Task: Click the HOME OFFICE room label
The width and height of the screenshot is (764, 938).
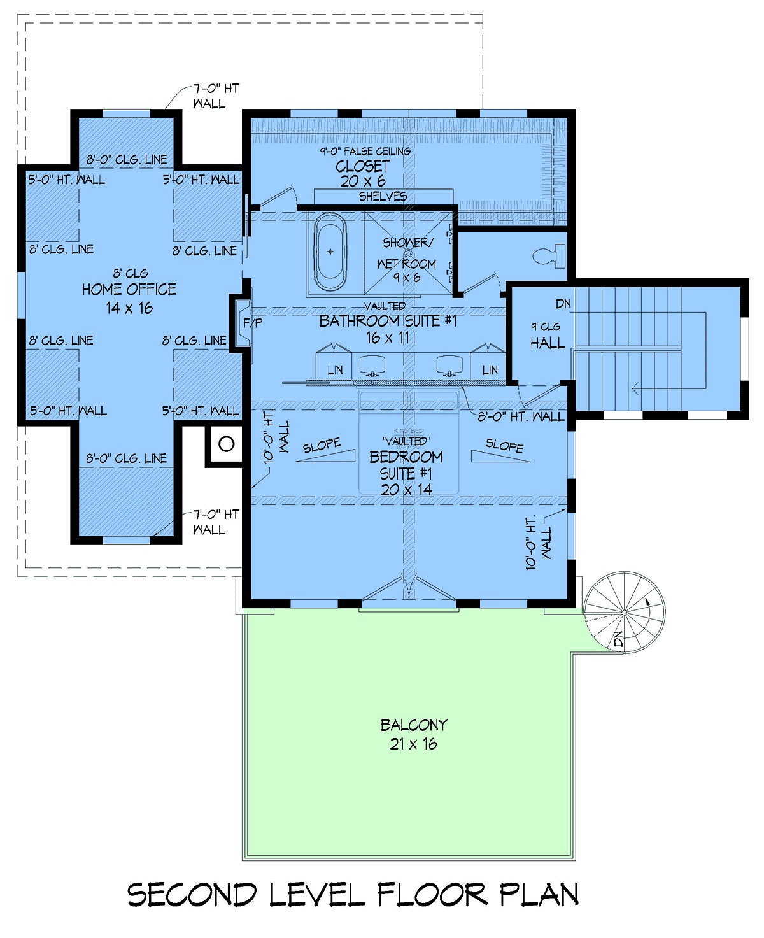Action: pyautogui.click(x=129, y=289)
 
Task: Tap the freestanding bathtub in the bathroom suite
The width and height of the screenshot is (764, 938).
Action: pyautogui.click(x=330, y=252)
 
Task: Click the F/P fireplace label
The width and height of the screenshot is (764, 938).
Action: pyautogui.click(x=253, y=323)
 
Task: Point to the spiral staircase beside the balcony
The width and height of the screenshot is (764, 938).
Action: pyautogui.click(x=625, y=612)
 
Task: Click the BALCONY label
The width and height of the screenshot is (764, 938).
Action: pyautogui.click(x=414, y=725)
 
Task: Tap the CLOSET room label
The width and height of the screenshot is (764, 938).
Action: pyautogui.click(x=363, y=166)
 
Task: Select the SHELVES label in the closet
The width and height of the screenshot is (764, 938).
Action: pyautogui.click(x=383, y=196)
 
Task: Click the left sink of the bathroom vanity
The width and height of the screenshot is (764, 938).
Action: pyautogui.click(x=372, y=365)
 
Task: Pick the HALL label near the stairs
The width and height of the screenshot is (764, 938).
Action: pyautogui.click(x=548, y=343)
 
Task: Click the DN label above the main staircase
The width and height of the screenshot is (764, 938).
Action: pyautogui.click(x=563, y=304)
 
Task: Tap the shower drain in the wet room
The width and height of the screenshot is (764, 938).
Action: pyautogui.click(x=408, y=253)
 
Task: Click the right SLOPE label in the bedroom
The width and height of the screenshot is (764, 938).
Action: pyautogui.click(x=505, y=446)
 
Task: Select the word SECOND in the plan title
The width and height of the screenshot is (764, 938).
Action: pyautogui.click(x=192, y=895)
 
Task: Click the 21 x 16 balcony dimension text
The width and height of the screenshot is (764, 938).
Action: pyautogui.click(x=413, y=744)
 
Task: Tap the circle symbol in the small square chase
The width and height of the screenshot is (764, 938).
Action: pyautogui.click(x=227, y=444)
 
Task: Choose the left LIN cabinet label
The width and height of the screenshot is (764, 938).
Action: pyautogui.click(x=335, y=371)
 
